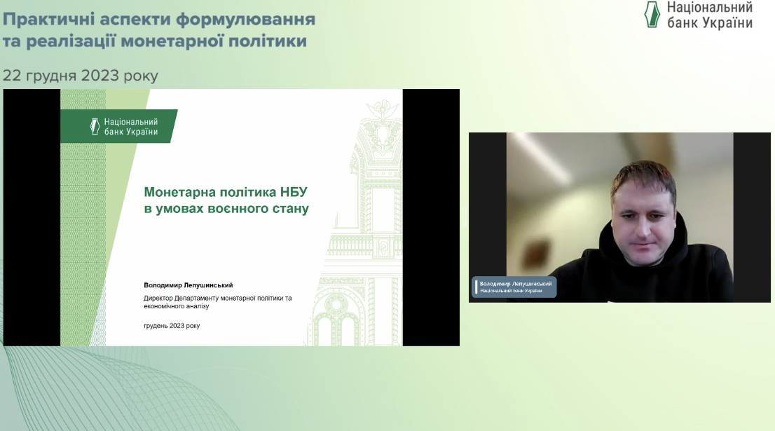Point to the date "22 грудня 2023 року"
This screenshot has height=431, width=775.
(x=81, y=76)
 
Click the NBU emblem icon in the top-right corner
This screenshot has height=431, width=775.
(x=652, y=14)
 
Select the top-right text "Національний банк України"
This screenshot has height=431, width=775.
(x=710, y=15)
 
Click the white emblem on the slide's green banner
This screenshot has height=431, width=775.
(x=95, y=126)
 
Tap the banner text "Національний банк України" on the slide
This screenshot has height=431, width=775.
(x=131, y=127)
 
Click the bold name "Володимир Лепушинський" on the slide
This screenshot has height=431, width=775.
(x=188, y=285)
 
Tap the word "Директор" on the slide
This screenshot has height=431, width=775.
(x=158, y=298)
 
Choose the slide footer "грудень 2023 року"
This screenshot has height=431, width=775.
(x=172, y=326)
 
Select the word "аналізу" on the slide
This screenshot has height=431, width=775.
(x=197, y=306)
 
